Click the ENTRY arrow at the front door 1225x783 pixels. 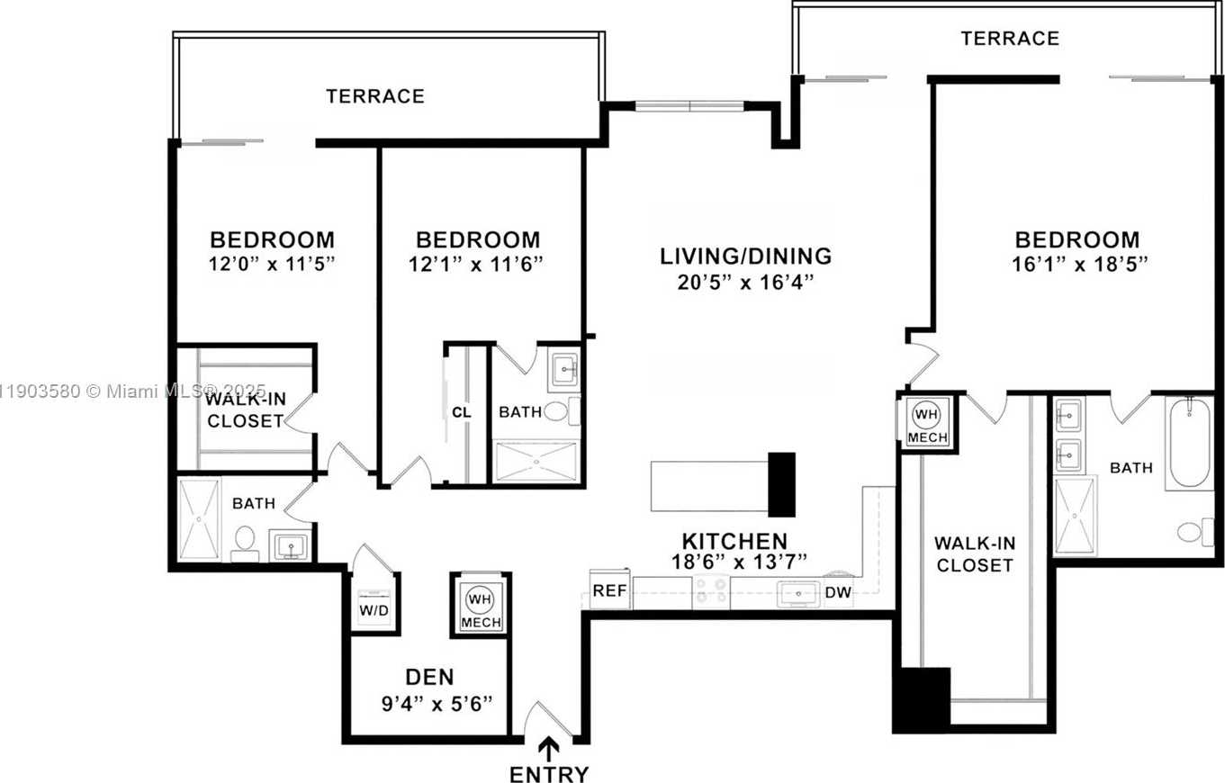click(x=548, y=748)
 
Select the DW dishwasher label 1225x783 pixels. click(x=839, y=592)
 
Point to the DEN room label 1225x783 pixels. click(x=429, y=677)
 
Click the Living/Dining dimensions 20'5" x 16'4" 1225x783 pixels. click(x=745, y=282)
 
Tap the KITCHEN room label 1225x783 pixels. click(x=734, y=541)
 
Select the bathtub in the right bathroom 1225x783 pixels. click(x=1190, y=444)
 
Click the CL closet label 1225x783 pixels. click(x=462, y=412)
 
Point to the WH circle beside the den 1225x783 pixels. click(x=480, y=598)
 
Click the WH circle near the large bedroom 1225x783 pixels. click(x=925, y=415)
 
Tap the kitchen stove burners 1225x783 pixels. click(x=711, y=592)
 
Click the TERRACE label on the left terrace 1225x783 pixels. click(x=374, y=96)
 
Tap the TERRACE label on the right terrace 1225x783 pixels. click(x=1009, y=39)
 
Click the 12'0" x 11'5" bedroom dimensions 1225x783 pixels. click(x=272, y=264)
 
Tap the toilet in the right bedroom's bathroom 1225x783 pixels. click(x=1193, y=531)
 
